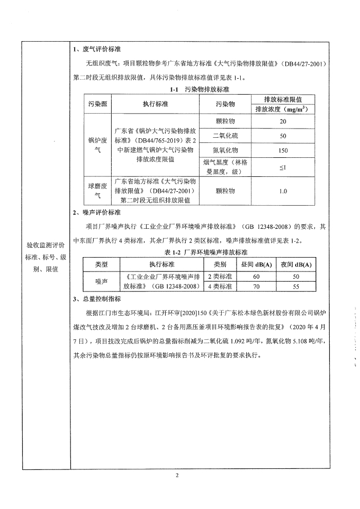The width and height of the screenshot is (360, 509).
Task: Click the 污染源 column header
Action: [x=97, y=104]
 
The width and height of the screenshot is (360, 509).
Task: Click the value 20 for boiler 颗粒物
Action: [x=283, y=121]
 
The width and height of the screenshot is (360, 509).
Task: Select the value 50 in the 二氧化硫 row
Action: [x=283, y=136]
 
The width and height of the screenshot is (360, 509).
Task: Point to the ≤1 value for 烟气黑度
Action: [x=283, y=168]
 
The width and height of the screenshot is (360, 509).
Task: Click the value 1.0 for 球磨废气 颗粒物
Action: [x=283, y=191]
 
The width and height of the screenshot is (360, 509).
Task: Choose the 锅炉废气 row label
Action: [x=97, y=145]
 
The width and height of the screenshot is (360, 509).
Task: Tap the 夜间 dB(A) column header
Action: [x=296, y=264]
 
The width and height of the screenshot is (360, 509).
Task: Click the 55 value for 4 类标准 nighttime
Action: [x=296, y=287]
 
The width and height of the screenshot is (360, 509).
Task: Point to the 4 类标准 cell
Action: [x=220, y=287]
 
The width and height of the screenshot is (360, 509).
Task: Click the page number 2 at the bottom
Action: [x=177, y=475]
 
